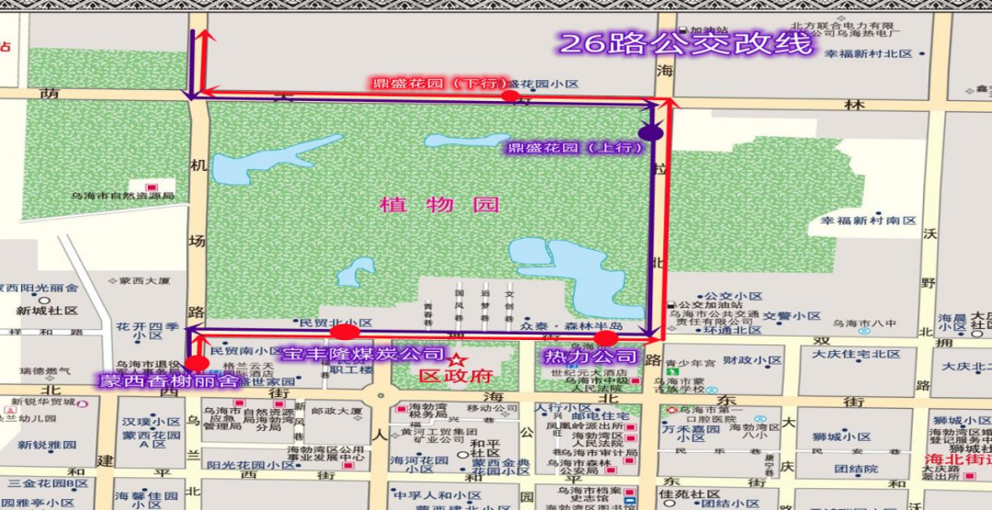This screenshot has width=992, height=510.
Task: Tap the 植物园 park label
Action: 439,205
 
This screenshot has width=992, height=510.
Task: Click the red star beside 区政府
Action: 457,360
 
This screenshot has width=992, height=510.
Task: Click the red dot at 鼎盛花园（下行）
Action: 508,95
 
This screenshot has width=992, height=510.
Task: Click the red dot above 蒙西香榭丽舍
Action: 199,364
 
